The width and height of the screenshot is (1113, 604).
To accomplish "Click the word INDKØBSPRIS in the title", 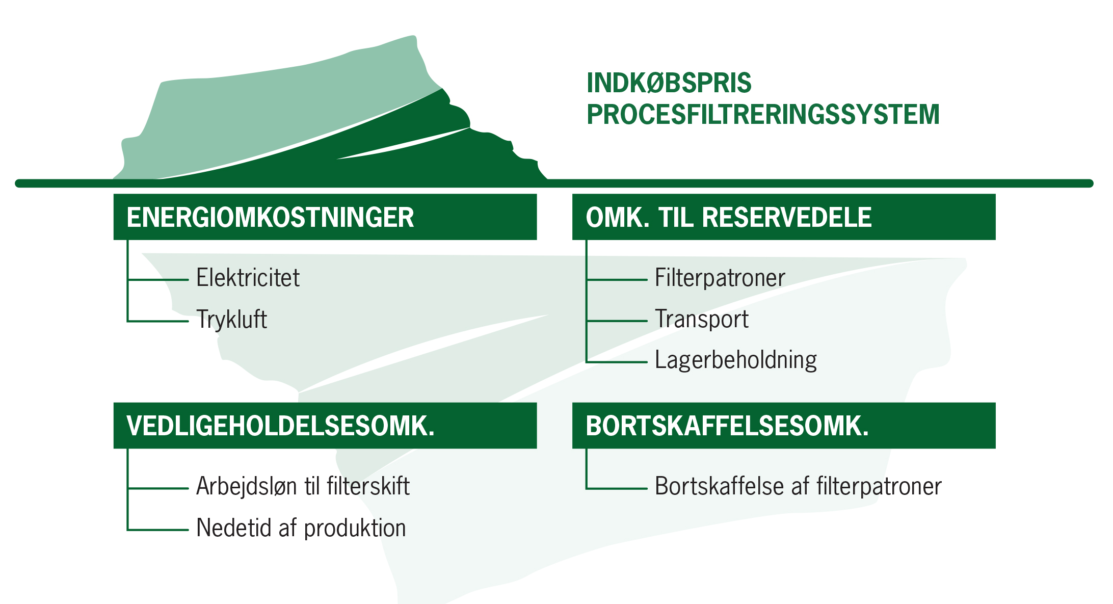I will (x=669, y=83).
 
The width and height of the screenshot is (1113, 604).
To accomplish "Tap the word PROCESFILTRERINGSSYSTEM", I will (x=763, y=115).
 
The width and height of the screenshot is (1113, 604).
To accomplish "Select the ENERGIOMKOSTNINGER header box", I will (x=325, y=217).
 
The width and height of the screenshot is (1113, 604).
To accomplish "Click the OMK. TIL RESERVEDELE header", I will (x=783, y=217).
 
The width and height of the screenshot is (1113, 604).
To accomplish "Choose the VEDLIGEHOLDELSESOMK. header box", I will (x=325, y=426).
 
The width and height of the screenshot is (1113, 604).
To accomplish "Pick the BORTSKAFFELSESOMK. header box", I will (x=783, y=426).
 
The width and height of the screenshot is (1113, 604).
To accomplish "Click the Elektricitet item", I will (x=248, y=278).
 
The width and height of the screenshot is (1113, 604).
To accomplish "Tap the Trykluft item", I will (x=231, y=320).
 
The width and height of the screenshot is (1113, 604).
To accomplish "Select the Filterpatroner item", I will (x=720, y=278).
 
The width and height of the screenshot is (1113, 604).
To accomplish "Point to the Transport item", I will (x=701, y=320).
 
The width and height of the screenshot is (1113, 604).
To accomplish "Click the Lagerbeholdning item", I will (x=735, y=360).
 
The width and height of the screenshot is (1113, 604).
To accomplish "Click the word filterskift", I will (x=368, y=486).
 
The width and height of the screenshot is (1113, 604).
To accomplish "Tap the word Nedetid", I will (x=234, y=528).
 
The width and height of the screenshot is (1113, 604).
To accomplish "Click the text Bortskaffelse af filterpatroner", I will (x=798, y=486).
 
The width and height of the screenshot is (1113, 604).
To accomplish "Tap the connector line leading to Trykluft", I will (x=158, y=321).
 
